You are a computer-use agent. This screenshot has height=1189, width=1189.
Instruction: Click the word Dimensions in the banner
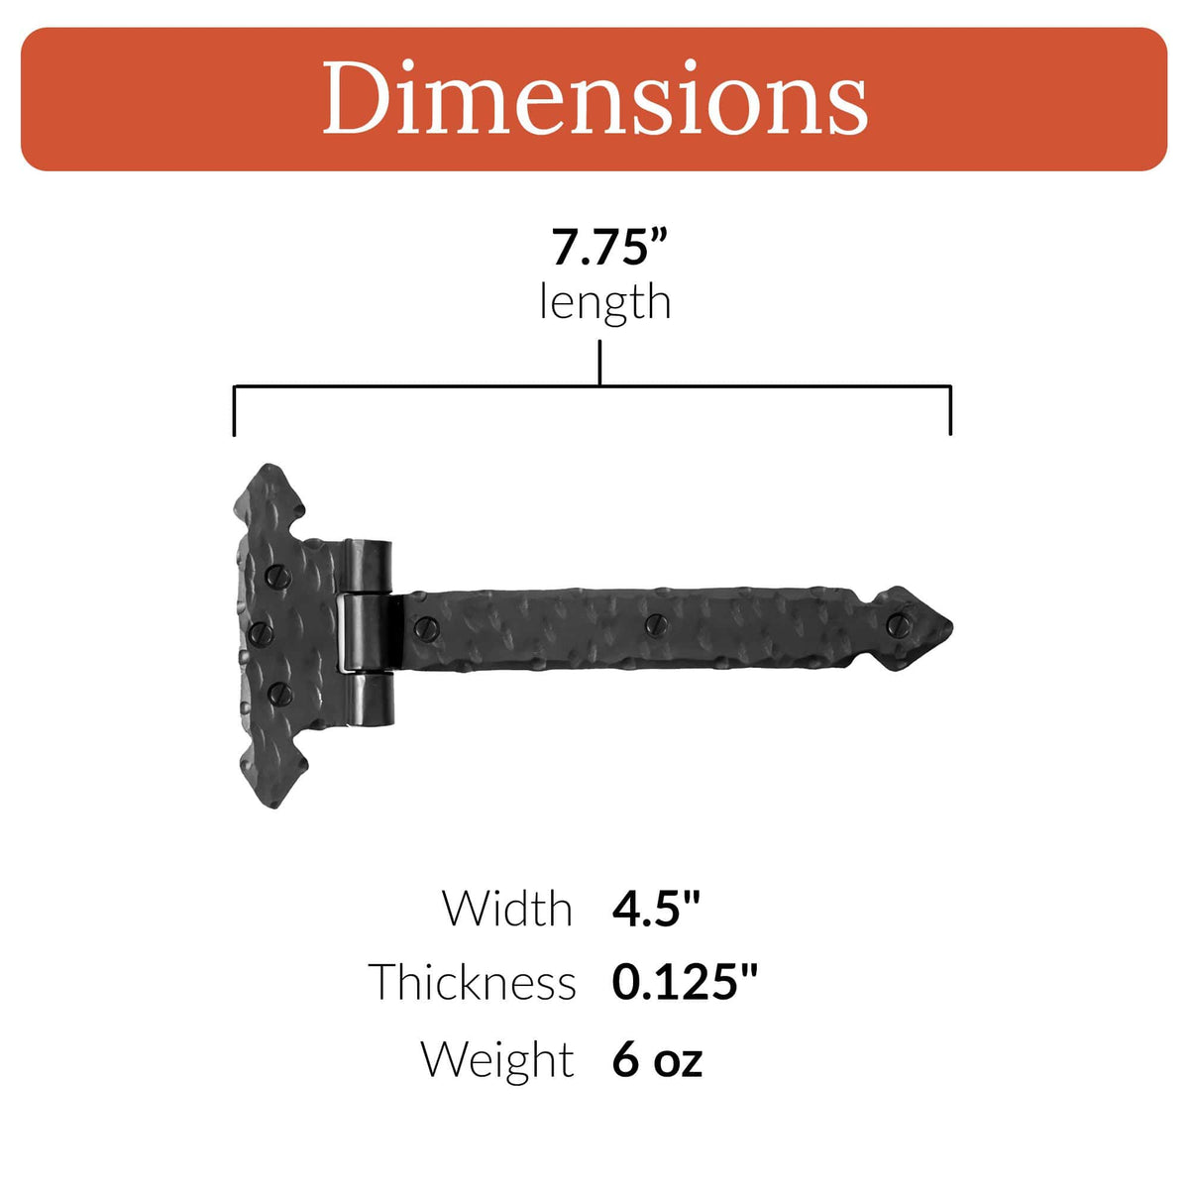tap(594, 98)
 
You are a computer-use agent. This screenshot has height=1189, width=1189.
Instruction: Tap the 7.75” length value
tap(599, 248)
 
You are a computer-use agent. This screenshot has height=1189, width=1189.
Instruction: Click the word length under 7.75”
tap(604, 302)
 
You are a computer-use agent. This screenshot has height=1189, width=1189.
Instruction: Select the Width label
tap(507, 908)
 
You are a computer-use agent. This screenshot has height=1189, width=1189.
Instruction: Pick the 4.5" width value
tap(656, 908)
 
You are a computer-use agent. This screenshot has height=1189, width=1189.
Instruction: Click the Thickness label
tap(473, 982)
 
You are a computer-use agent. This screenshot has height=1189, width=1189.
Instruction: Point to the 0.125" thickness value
tap(684, 982)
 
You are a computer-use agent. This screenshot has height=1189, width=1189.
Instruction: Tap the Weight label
tap(497, 1059)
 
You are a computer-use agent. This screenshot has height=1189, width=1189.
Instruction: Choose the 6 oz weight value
tap(657, 1059)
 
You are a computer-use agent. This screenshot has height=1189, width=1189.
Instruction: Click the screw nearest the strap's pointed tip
tap(899, 624)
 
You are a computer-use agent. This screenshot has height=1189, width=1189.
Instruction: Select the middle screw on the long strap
tap(655, 624)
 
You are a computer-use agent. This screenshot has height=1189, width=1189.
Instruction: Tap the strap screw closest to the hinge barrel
tap(429, 626)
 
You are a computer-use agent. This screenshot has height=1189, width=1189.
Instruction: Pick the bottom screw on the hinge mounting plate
tap(278, 691)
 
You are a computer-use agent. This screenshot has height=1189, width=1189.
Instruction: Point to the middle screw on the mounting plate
tap(261, 632)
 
